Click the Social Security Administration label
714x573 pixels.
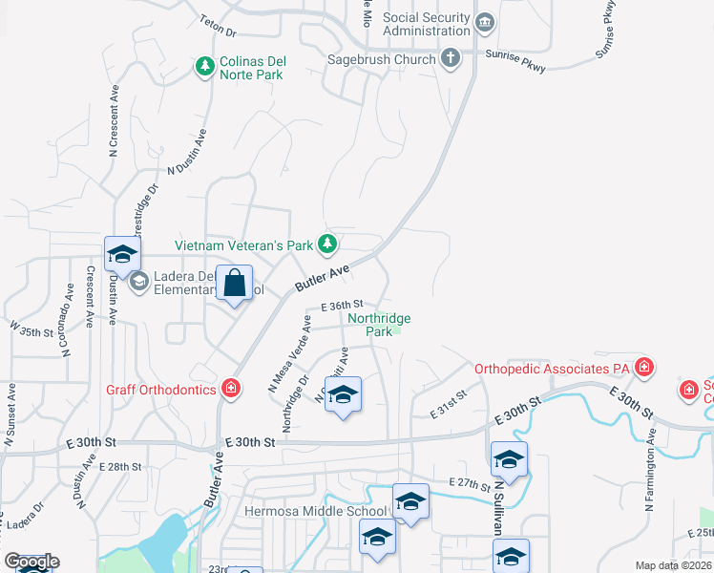(427, 24)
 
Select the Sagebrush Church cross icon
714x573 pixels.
(451, 59)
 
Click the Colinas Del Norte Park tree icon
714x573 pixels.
(204, 66)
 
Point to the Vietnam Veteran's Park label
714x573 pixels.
(243, 245)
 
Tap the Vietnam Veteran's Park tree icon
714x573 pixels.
(327, 244)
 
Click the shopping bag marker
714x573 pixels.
(235, 284)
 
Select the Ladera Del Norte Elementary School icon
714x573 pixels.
(138, 281)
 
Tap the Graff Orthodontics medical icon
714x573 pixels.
(230, 388)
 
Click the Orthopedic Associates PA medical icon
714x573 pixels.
(644, 367)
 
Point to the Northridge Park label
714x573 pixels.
(379, 325)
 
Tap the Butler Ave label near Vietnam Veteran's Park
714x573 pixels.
(322, 278)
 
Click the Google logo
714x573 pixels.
(31, 562)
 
